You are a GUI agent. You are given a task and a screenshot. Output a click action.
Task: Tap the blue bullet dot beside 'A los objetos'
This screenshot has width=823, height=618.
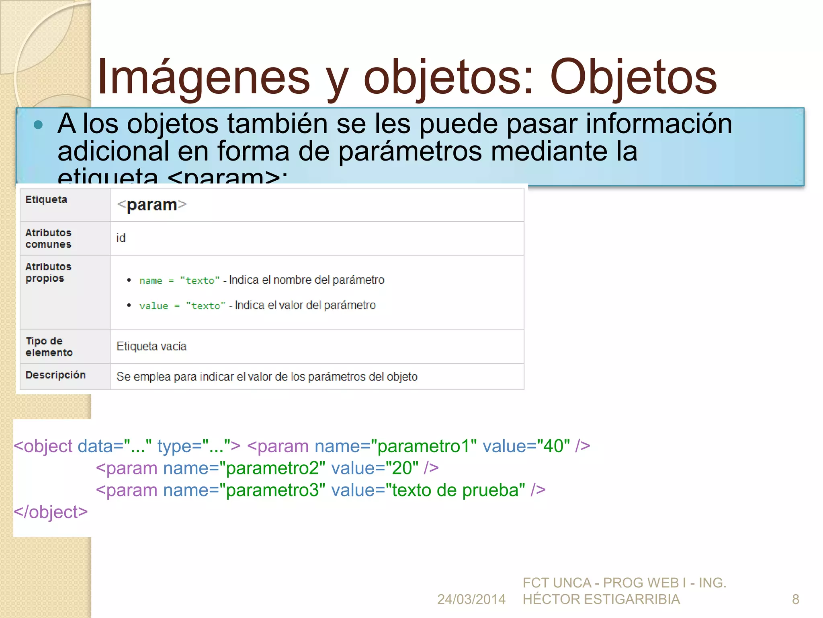39,125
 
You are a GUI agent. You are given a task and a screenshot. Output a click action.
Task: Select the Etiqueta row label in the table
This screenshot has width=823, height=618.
46,200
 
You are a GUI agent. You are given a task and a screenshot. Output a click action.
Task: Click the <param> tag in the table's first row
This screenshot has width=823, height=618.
152,205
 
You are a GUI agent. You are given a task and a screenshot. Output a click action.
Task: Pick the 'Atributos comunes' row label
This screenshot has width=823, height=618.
48,238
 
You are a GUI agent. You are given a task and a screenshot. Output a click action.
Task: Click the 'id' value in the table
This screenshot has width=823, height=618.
121,238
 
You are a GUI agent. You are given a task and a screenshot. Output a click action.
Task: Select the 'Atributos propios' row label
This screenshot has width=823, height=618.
48,272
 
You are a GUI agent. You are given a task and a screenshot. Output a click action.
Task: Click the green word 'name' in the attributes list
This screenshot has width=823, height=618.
151,281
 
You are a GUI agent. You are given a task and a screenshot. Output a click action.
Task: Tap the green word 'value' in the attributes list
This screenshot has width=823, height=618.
154,306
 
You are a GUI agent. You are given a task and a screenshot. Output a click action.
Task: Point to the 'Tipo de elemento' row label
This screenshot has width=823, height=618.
49,347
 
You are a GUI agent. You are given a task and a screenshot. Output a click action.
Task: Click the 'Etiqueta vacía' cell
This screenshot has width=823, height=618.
151,346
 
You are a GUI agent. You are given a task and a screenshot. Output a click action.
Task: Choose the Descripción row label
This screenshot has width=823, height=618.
55,375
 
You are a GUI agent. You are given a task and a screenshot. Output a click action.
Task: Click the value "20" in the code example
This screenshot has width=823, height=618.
402,468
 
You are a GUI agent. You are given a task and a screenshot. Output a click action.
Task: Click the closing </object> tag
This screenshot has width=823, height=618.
51,512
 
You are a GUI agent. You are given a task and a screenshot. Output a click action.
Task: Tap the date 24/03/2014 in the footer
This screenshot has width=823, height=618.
471,599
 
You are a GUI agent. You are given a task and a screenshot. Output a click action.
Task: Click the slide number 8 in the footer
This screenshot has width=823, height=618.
795,599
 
